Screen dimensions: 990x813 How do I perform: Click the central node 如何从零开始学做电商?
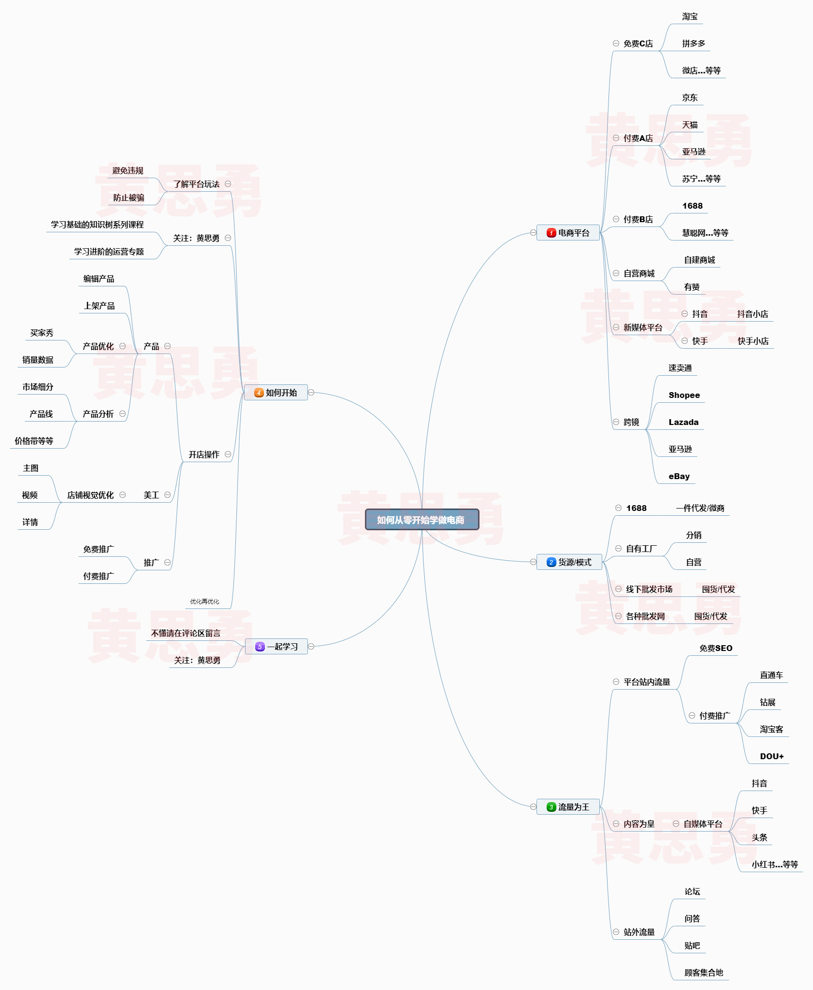pos(421,520)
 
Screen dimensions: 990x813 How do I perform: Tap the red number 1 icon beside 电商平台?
pos(551,233)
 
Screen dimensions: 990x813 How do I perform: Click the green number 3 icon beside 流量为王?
pos(551,807)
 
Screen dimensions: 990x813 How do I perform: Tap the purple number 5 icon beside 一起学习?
pos(260,647)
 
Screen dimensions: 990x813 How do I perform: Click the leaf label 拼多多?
pos(694,43)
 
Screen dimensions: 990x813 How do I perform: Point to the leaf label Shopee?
pos(684,395)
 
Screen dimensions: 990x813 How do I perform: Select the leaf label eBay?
pos(679,476)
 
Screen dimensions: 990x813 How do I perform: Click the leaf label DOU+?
pos(771,756)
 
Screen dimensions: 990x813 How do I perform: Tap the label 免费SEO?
pos(715,648)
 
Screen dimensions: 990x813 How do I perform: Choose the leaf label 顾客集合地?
pos(703,973)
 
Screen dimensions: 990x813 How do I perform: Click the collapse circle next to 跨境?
pos(616,422)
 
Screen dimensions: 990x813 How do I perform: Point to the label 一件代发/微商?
pos(700,508)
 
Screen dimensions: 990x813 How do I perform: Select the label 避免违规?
pos(128,170)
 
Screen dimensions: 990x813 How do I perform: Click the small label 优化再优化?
pos(204,601)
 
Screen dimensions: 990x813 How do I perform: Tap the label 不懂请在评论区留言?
pos(186,633)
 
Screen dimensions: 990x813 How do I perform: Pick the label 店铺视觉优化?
pos(90,495)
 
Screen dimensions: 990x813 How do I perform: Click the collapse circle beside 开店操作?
pos(228,454)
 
